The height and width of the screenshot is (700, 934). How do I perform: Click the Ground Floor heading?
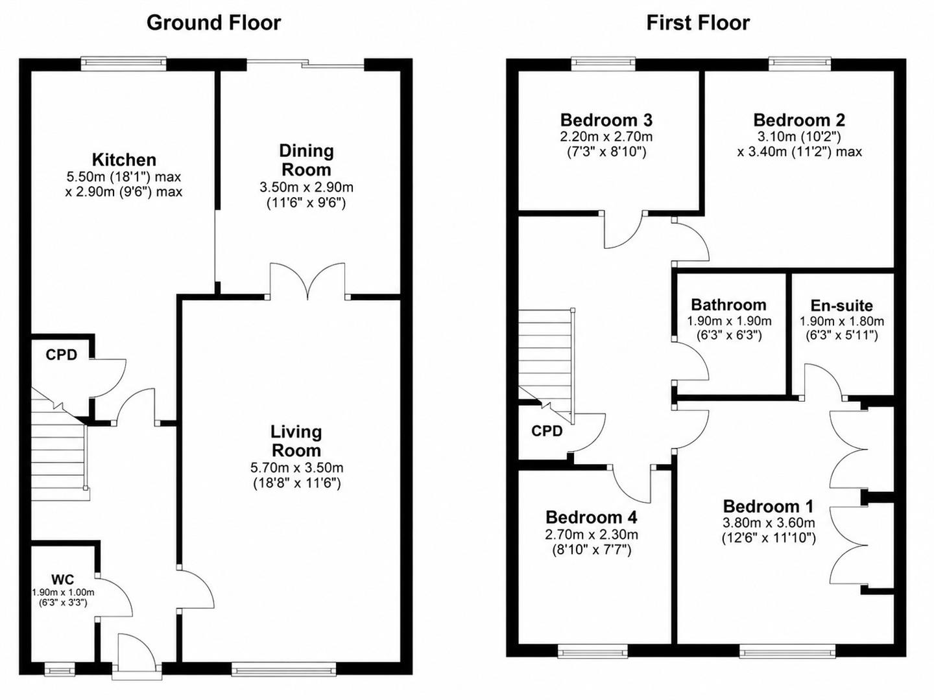[213, 23]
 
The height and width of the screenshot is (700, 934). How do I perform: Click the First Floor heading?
[698, 23]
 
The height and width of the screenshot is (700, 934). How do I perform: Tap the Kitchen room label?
[125, 160]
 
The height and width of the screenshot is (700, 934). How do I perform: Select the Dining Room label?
[306, 160]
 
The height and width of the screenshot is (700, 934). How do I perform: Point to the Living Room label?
[296, 441]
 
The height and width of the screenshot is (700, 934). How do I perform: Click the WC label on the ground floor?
[62, 579]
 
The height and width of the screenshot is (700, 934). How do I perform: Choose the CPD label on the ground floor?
[61, 355]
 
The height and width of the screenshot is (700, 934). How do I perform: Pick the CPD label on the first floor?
[547, 431]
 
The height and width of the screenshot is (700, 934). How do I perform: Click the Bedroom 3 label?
[606, 120]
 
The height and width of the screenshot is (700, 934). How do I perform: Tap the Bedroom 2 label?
[799, 120]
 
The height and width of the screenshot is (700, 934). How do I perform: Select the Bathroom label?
[729, 305]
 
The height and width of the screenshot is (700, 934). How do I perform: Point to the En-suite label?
[842, 305]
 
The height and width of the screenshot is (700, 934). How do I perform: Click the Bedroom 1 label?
[768, 506]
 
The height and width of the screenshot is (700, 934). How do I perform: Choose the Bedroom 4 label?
[592, 517]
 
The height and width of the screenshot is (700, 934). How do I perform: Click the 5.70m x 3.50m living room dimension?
[296, 467]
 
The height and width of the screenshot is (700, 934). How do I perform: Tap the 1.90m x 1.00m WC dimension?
[63, 592]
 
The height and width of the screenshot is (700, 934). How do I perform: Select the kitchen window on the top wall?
[124, 64]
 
